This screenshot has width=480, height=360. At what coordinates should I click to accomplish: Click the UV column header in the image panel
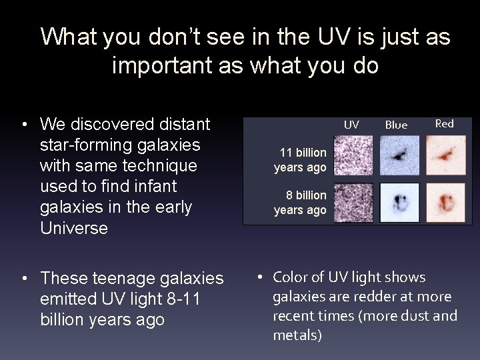[x=351, y=125]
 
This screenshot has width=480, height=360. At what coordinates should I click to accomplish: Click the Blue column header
[x=396, y=125]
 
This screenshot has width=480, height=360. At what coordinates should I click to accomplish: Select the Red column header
[x=444, y=123]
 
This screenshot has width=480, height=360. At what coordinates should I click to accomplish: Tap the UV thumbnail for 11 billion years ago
[x=353, y=155]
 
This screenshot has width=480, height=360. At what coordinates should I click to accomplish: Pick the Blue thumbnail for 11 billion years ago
[x=399, y=155]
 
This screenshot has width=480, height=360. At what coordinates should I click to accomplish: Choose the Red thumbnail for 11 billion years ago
[x=446, y=155]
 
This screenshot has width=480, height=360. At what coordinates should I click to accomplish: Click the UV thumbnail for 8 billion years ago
[x=353, y=202]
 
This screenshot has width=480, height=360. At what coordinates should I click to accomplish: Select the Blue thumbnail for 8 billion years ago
[x=399, y=202]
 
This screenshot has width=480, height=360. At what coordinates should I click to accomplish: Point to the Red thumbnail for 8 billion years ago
[x=446, y=202]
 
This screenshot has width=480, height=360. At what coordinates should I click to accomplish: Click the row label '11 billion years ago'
[x=302, y=160]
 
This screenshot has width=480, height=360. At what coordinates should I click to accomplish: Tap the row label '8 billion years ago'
[x=302, y=203]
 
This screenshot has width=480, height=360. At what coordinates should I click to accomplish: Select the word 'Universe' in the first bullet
[x=74, y=228]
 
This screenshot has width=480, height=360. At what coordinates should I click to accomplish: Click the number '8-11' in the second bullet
[x=188, y=299]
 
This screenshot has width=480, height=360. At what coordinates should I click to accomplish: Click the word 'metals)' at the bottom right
[x=297, y=335]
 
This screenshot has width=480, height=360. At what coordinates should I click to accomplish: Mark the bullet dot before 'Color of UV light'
[x=262, y=277]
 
